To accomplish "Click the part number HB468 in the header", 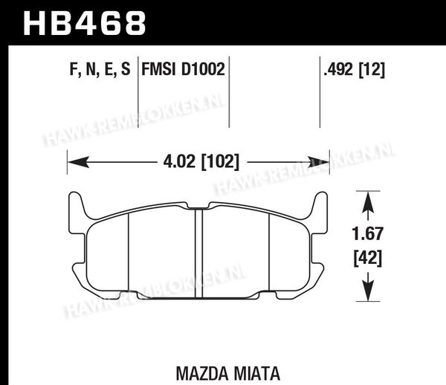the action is tap(85, 23).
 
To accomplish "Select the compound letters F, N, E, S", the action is tap(100, 69).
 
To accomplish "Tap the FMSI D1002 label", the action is tap(183, 69).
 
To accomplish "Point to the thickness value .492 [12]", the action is tap(354, 70).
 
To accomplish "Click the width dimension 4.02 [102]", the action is tap(201, 162).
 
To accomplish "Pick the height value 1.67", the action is tap(367, 233).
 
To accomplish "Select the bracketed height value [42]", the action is tap(367, 258).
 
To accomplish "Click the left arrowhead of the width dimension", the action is tap(79, 162).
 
